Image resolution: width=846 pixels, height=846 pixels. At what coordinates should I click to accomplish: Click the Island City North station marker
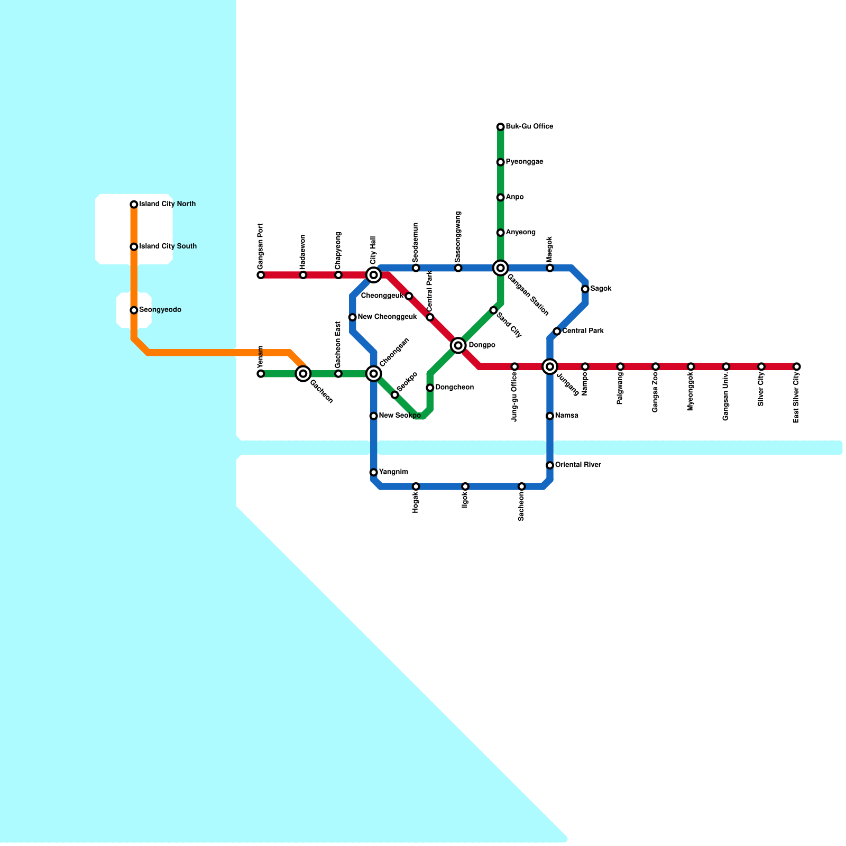click(134, 205)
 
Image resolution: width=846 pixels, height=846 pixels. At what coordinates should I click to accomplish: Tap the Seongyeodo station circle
click(134, 310)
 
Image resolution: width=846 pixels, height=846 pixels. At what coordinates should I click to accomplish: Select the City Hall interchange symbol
click(373, 275)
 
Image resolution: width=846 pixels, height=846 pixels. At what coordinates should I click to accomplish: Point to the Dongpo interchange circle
click(458, 346)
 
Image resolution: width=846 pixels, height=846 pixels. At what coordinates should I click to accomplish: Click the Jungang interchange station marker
click(550, 366)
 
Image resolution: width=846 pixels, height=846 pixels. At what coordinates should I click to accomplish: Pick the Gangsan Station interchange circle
click(501, 268)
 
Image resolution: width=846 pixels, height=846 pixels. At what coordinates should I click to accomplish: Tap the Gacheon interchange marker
click(303, 374)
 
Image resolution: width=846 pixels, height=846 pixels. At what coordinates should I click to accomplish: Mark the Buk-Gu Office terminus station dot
click(500, 127)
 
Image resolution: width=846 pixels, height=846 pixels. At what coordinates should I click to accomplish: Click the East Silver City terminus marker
click(797, 366)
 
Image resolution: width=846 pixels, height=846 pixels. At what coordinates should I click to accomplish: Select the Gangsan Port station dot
click(261, 275)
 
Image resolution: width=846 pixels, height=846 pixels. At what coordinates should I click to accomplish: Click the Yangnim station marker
click(373, 472)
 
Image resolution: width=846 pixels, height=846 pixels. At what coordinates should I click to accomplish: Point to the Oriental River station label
click(578, 465)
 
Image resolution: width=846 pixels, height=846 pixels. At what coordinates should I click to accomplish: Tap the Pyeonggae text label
click(525, 162)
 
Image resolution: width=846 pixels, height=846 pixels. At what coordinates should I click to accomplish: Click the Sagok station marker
click(585, 289)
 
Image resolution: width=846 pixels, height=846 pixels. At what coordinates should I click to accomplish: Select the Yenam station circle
click(261, 374)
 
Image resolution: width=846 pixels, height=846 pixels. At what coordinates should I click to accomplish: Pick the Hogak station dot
click(416, 486)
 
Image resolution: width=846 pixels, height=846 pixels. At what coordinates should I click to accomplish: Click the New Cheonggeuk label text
click(388, 317)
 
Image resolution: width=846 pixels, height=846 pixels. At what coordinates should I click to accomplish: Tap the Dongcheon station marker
click(430, 388)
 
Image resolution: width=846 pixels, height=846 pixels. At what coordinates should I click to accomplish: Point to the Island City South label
click(168, 246)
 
